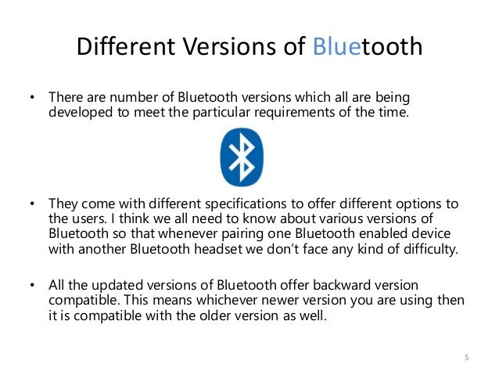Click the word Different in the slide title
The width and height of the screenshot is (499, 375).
[x=124, y=49]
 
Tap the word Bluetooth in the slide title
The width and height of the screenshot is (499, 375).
[x=368, y=49]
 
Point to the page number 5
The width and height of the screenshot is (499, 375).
[x=467, y=359]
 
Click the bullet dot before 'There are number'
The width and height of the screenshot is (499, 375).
[x=33, y=99]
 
